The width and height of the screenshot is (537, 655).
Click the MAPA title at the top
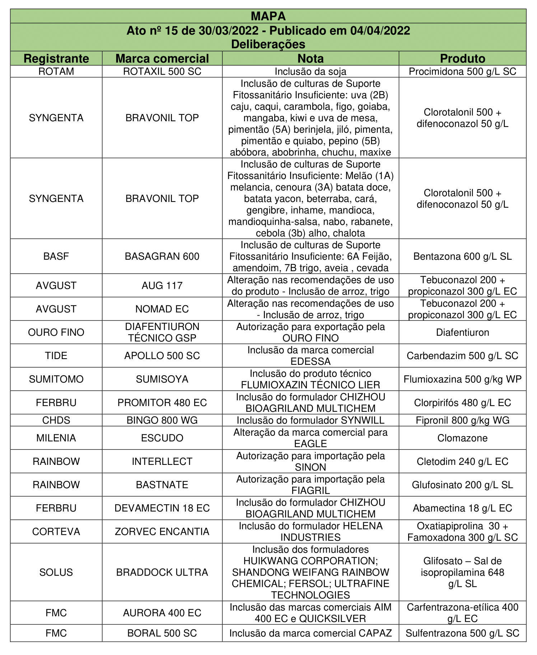pos(268,16)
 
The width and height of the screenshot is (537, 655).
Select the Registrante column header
pos(56,58)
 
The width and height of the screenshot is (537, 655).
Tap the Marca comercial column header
pos(162,58)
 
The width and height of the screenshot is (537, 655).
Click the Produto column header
pos(462,58)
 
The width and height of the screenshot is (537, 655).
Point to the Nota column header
pos(310,58)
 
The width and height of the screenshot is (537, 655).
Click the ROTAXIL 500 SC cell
pos(162,71)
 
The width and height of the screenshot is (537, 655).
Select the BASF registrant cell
pos(56,256)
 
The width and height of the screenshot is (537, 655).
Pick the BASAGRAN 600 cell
pos(162,256)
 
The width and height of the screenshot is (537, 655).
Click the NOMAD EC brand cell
pos(162,309)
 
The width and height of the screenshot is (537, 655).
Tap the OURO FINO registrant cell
pos(56,332)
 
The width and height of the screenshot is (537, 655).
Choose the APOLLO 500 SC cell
pos(162,355)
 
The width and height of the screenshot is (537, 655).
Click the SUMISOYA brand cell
pos(162,379)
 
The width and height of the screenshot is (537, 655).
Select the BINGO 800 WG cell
pos(162,420)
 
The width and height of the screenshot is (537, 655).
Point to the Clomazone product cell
pos(462,438)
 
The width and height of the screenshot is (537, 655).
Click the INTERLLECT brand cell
pos(162,461)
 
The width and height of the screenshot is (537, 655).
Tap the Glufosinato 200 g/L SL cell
pos(462,485)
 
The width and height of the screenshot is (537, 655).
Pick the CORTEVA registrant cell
pos(56,531)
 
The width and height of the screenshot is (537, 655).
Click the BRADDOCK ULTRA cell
pos(162,572)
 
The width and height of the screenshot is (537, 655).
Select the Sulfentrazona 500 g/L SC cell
pos(462,633)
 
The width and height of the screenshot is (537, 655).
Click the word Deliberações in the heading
pos(268,44)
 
